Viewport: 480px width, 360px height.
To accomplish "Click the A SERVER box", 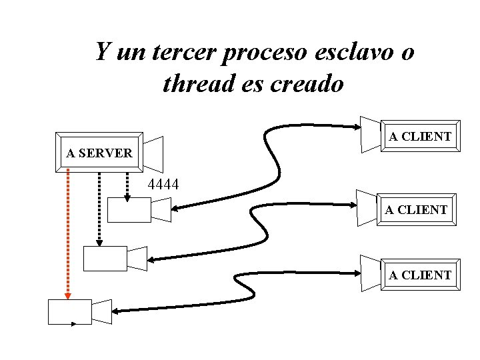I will click(x=99, y=153).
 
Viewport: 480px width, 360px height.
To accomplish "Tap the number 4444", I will click(x=163, y=184).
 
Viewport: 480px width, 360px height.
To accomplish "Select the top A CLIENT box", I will click(x=420, y=137).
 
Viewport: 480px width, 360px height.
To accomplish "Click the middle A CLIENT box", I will click(x=416, y=210).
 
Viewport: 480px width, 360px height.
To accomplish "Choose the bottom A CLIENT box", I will click(x=420, y=275).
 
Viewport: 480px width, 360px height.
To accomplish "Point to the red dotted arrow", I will click(x=68, y=233).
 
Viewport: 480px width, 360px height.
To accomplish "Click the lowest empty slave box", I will click(x=70, y=311).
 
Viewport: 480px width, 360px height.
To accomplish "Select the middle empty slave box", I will click(x=105, y=259).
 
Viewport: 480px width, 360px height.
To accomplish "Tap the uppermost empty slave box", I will click(x=129, y=210).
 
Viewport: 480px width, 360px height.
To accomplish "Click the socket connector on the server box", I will click(x=153, y=153).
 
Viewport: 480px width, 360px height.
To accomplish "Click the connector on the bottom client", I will click(x=370, y=273).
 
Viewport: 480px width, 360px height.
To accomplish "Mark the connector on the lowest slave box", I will click(x=102, y=311).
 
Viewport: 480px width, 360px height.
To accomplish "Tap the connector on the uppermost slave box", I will click(x=161, y=210).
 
